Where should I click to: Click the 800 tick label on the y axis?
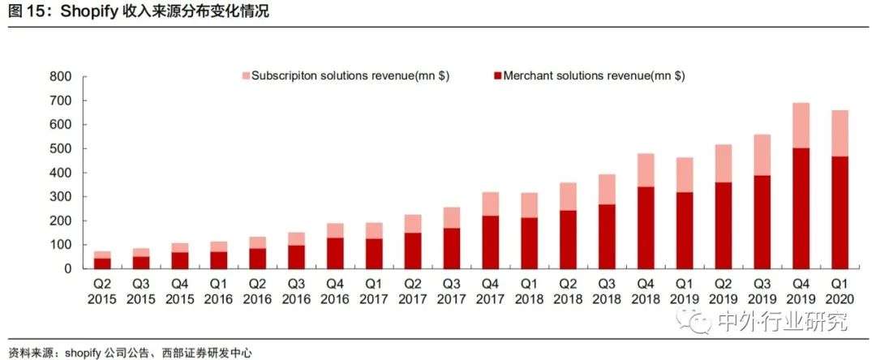pyautogui.click(x=61, y=77)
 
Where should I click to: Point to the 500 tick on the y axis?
pyautogui.click(x=61, y=149)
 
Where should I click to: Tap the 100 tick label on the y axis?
pyautogui.click(x=61, y=245)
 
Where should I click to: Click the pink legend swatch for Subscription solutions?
pyautogui.click(x=246, y=76)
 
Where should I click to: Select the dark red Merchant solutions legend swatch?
pyautogui.click(x=496, y=76)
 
